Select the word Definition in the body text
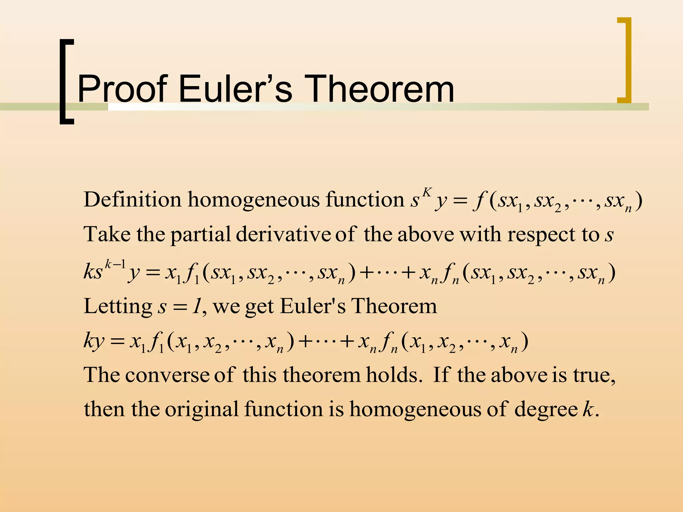point(132,200)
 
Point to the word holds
point(392,375)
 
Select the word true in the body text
point(593,375)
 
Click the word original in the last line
point(202,409)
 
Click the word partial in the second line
point(200,235)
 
